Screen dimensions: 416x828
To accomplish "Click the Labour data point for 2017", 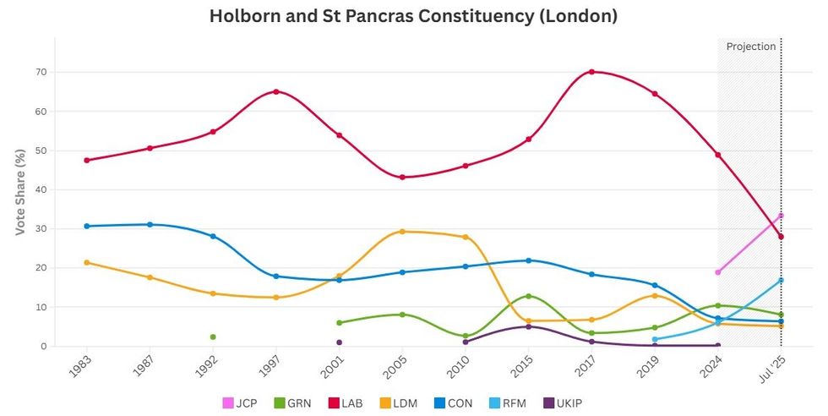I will (591, 72).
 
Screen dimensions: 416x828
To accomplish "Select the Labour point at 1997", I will (276, 91).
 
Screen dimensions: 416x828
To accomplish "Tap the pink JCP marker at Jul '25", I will (781, 216).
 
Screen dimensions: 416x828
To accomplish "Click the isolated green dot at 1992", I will (213, 337).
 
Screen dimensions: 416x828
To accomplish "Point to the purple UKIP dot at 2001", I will (339, 342).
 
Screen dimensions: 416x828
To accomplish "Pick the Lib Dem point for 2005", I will (402, 232).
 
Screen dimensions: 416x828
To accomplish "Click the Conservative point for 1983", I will (87, 226).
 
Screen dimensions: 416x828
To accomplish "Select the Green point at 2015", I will (528, 296).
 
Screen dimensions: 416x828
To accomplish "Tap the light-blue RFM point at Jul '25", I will (781, 280).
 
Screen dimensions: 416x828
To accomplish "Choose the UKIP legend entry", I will (561, 403).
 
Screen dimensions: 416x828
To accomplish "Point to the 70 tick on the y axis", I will (39, 72).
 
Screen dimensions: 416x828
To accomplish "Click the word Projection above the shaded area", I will (750, 47).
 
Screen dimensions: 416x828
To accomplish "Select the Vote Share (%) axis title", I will (19, 192).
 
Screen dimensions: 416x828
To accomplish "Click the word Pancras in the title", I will (384, 16).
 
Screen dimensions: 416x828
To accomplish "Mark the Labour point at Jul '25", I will (781, 237).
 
